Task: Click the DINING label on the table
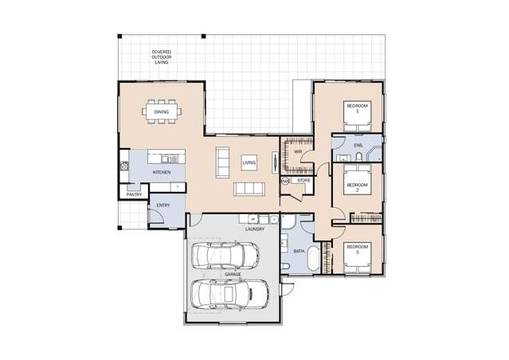[161, 112]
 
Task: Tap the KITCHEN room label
[161, 172]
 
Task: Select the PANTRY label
[134, 194]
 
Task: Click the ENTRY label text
[162, 205]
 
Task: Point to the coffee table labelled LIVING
[249, 162]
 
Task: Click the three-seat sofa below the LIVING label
[249, 189]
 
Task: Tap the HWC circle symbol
[284, 181]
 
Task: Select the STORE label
[303, 181]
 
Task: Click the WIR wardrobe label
[297, 151]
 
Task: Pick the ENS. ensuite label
[358, 147]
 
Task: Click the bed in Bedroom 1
[358, 114]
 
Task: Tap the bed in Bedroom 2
[358, 185]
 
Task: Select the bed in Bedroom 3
[358, 256]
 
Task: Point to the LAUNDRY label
[255, 229]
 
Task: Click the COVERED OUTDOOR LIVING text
[162, 57]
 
